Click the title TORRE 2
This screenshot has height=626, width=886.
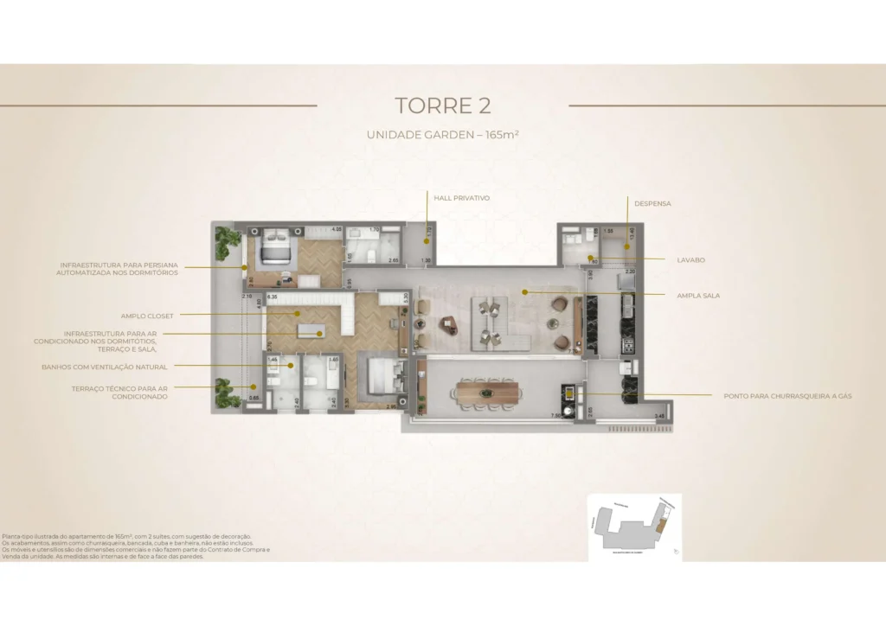(442, 105)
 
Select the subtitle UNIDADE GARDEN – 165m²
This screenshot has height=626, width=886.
(442, 135)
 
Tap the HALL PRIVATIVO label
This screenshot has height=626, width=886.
(461, 198)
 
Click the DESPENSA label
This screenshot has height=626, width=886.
(652, 204)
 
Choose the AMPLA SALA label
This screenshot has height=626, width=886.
(698, 296)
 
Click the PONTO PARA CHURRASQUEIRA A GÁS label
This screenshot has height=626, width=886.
(787, 396)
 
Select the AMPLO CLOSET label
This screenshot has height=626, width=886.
(147, 316)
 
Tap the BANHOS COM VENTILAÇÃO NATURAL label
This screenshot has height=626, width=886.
(105, 367)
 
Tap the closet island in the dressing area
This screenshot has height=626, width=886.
(310, 329)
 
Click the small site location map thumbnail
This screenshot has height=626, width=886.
(633, 527)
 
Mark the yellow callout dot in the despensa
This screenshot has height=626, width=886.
(628, 247)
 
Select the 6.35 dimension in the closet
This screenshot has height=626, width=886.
(273, 297)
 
